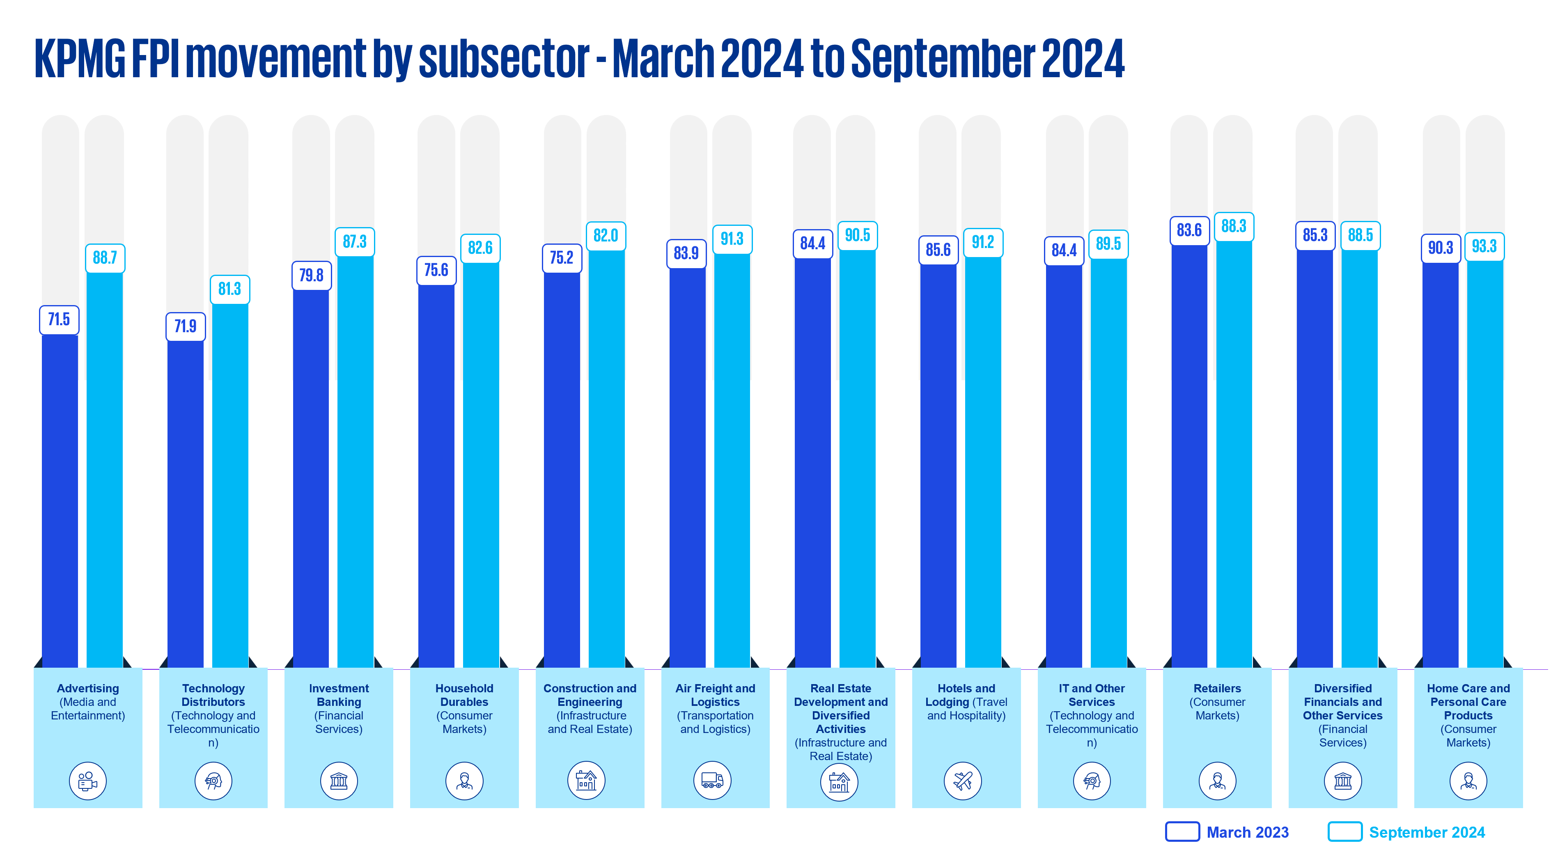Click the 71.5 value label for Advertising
click(x=59, y=319)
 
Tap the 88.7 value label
click(x=105, y=258)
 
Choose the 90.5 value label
click(x=857, y=235)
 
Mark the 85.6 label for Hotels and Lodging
click(x=938, y=250)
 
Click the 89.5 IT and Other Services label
click(x=1108, y=244)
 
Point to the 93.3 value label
click(x=1484, y=246)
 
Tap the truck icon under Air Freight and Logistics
click(x=712, y=780)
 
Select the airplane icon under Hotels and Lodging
click(x=963, y=781)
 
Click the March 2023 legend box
click(x=1182, y=832)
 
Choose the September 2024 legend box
click(x=1344, y=832)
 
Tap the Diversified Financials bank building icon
click(x=1342, y=781)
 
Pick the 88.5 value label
click(x=1360, y=235)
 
